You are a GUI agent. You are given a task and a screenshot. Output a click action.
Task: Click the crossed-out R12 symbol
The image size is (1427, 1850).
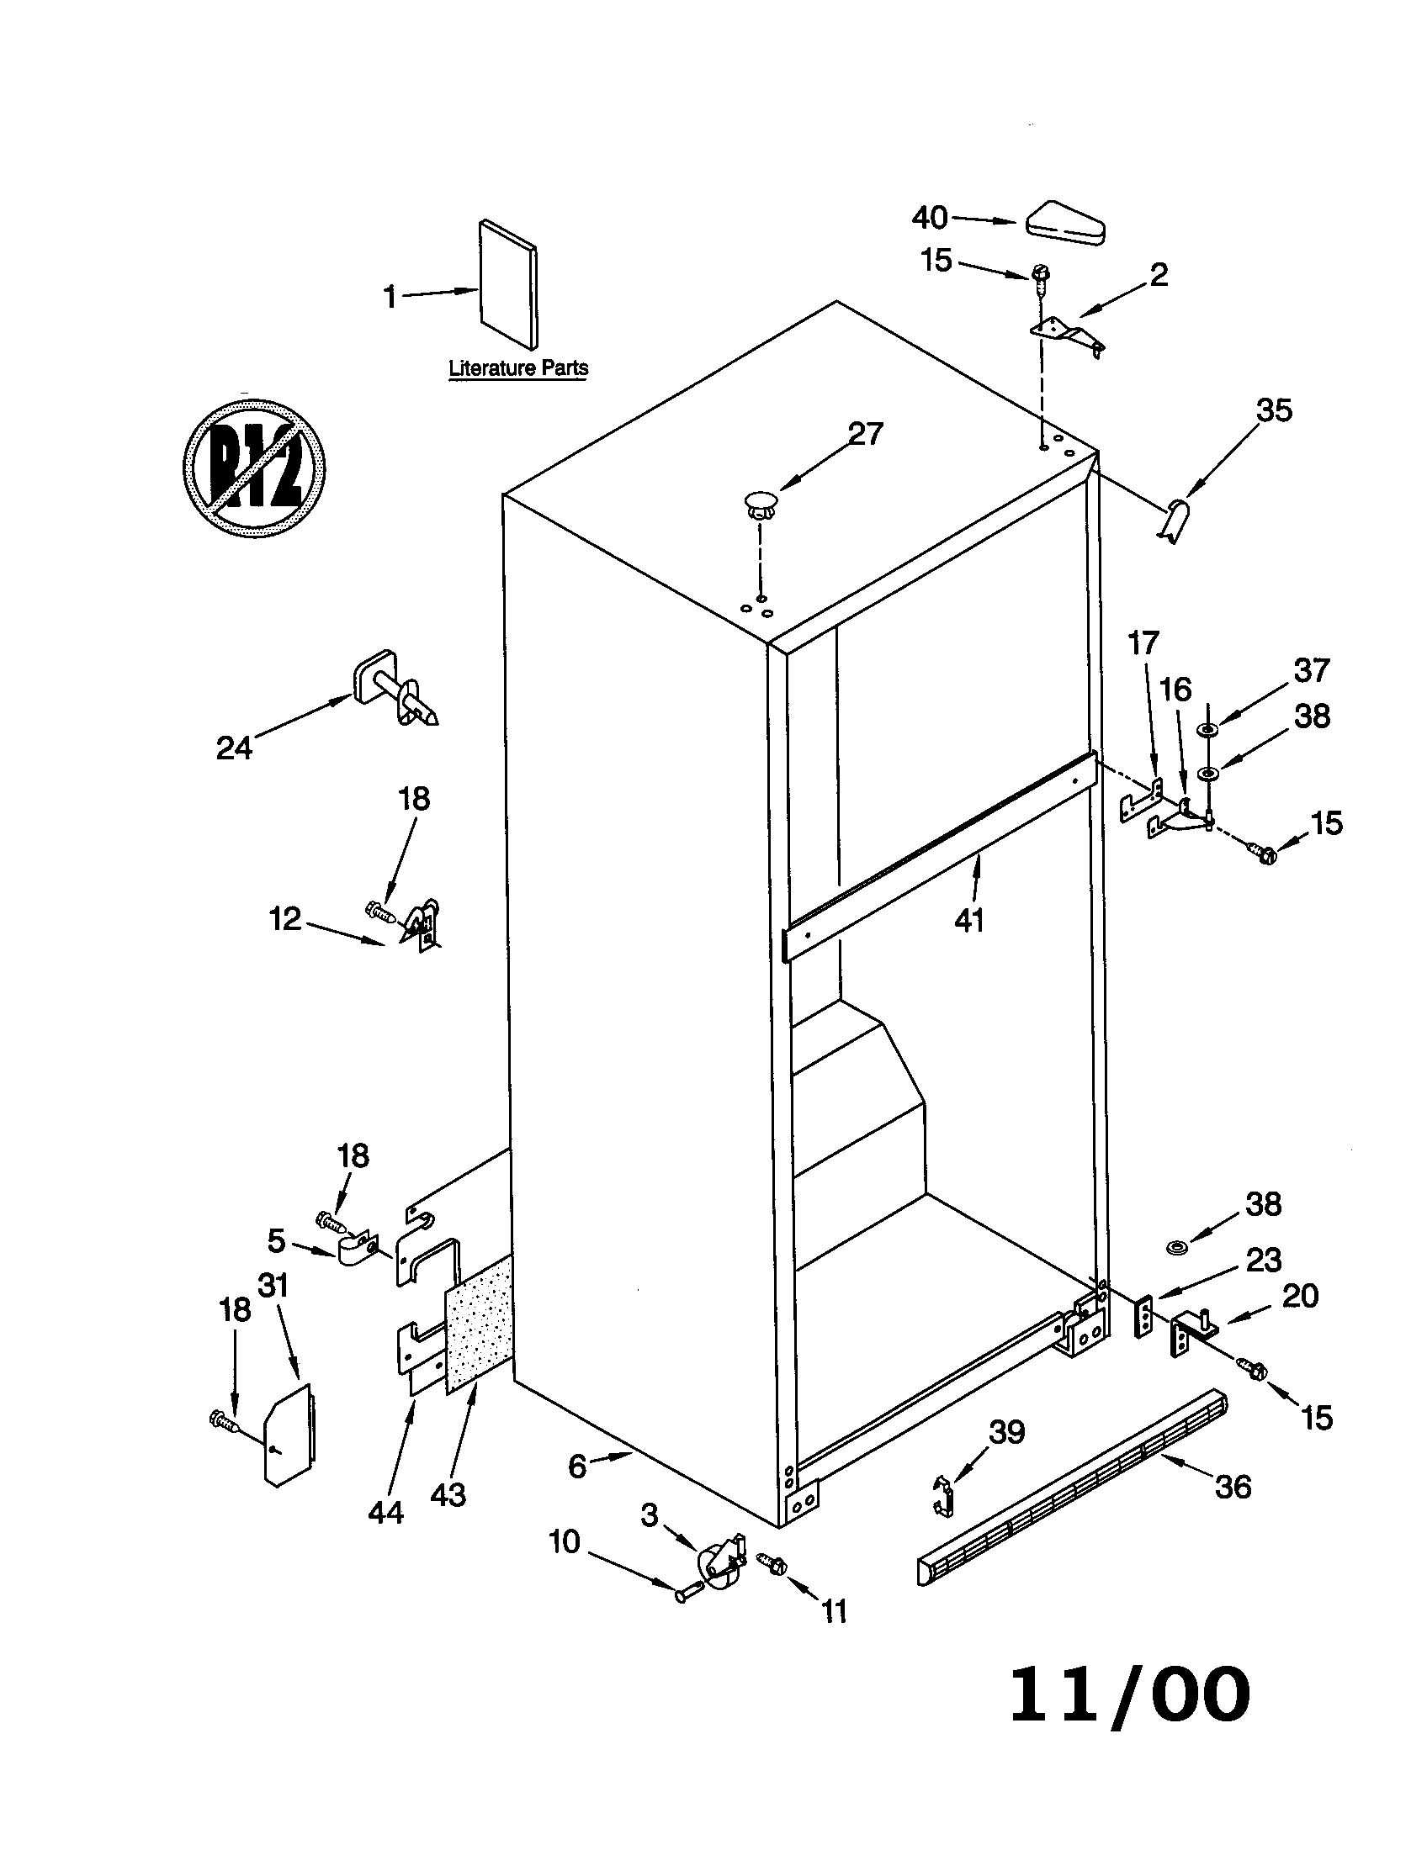pyautogui.click(x=254, y=467)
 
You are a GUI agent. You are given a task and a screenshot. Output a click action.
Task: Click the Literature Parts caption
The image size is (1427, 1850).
pyautogui.click(x=517, y=368)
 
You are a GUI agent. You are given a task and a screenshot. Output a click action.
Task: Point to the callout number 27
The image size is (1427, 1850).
pyautogui.click(x=865, y=434)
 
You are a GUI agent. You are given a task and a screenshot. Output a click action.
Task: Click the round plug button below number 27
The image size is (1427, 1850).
pyautogui.click(x=758, y=502)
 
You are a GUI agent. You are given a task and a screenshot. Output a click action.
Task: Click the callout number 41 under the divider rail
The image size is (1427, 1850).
pyautogui.click(x=969, y=920)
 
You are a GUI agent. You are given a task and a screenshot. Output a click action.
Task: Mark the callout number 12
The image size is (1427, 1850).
pyautogui.click(x=285, y=918)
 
